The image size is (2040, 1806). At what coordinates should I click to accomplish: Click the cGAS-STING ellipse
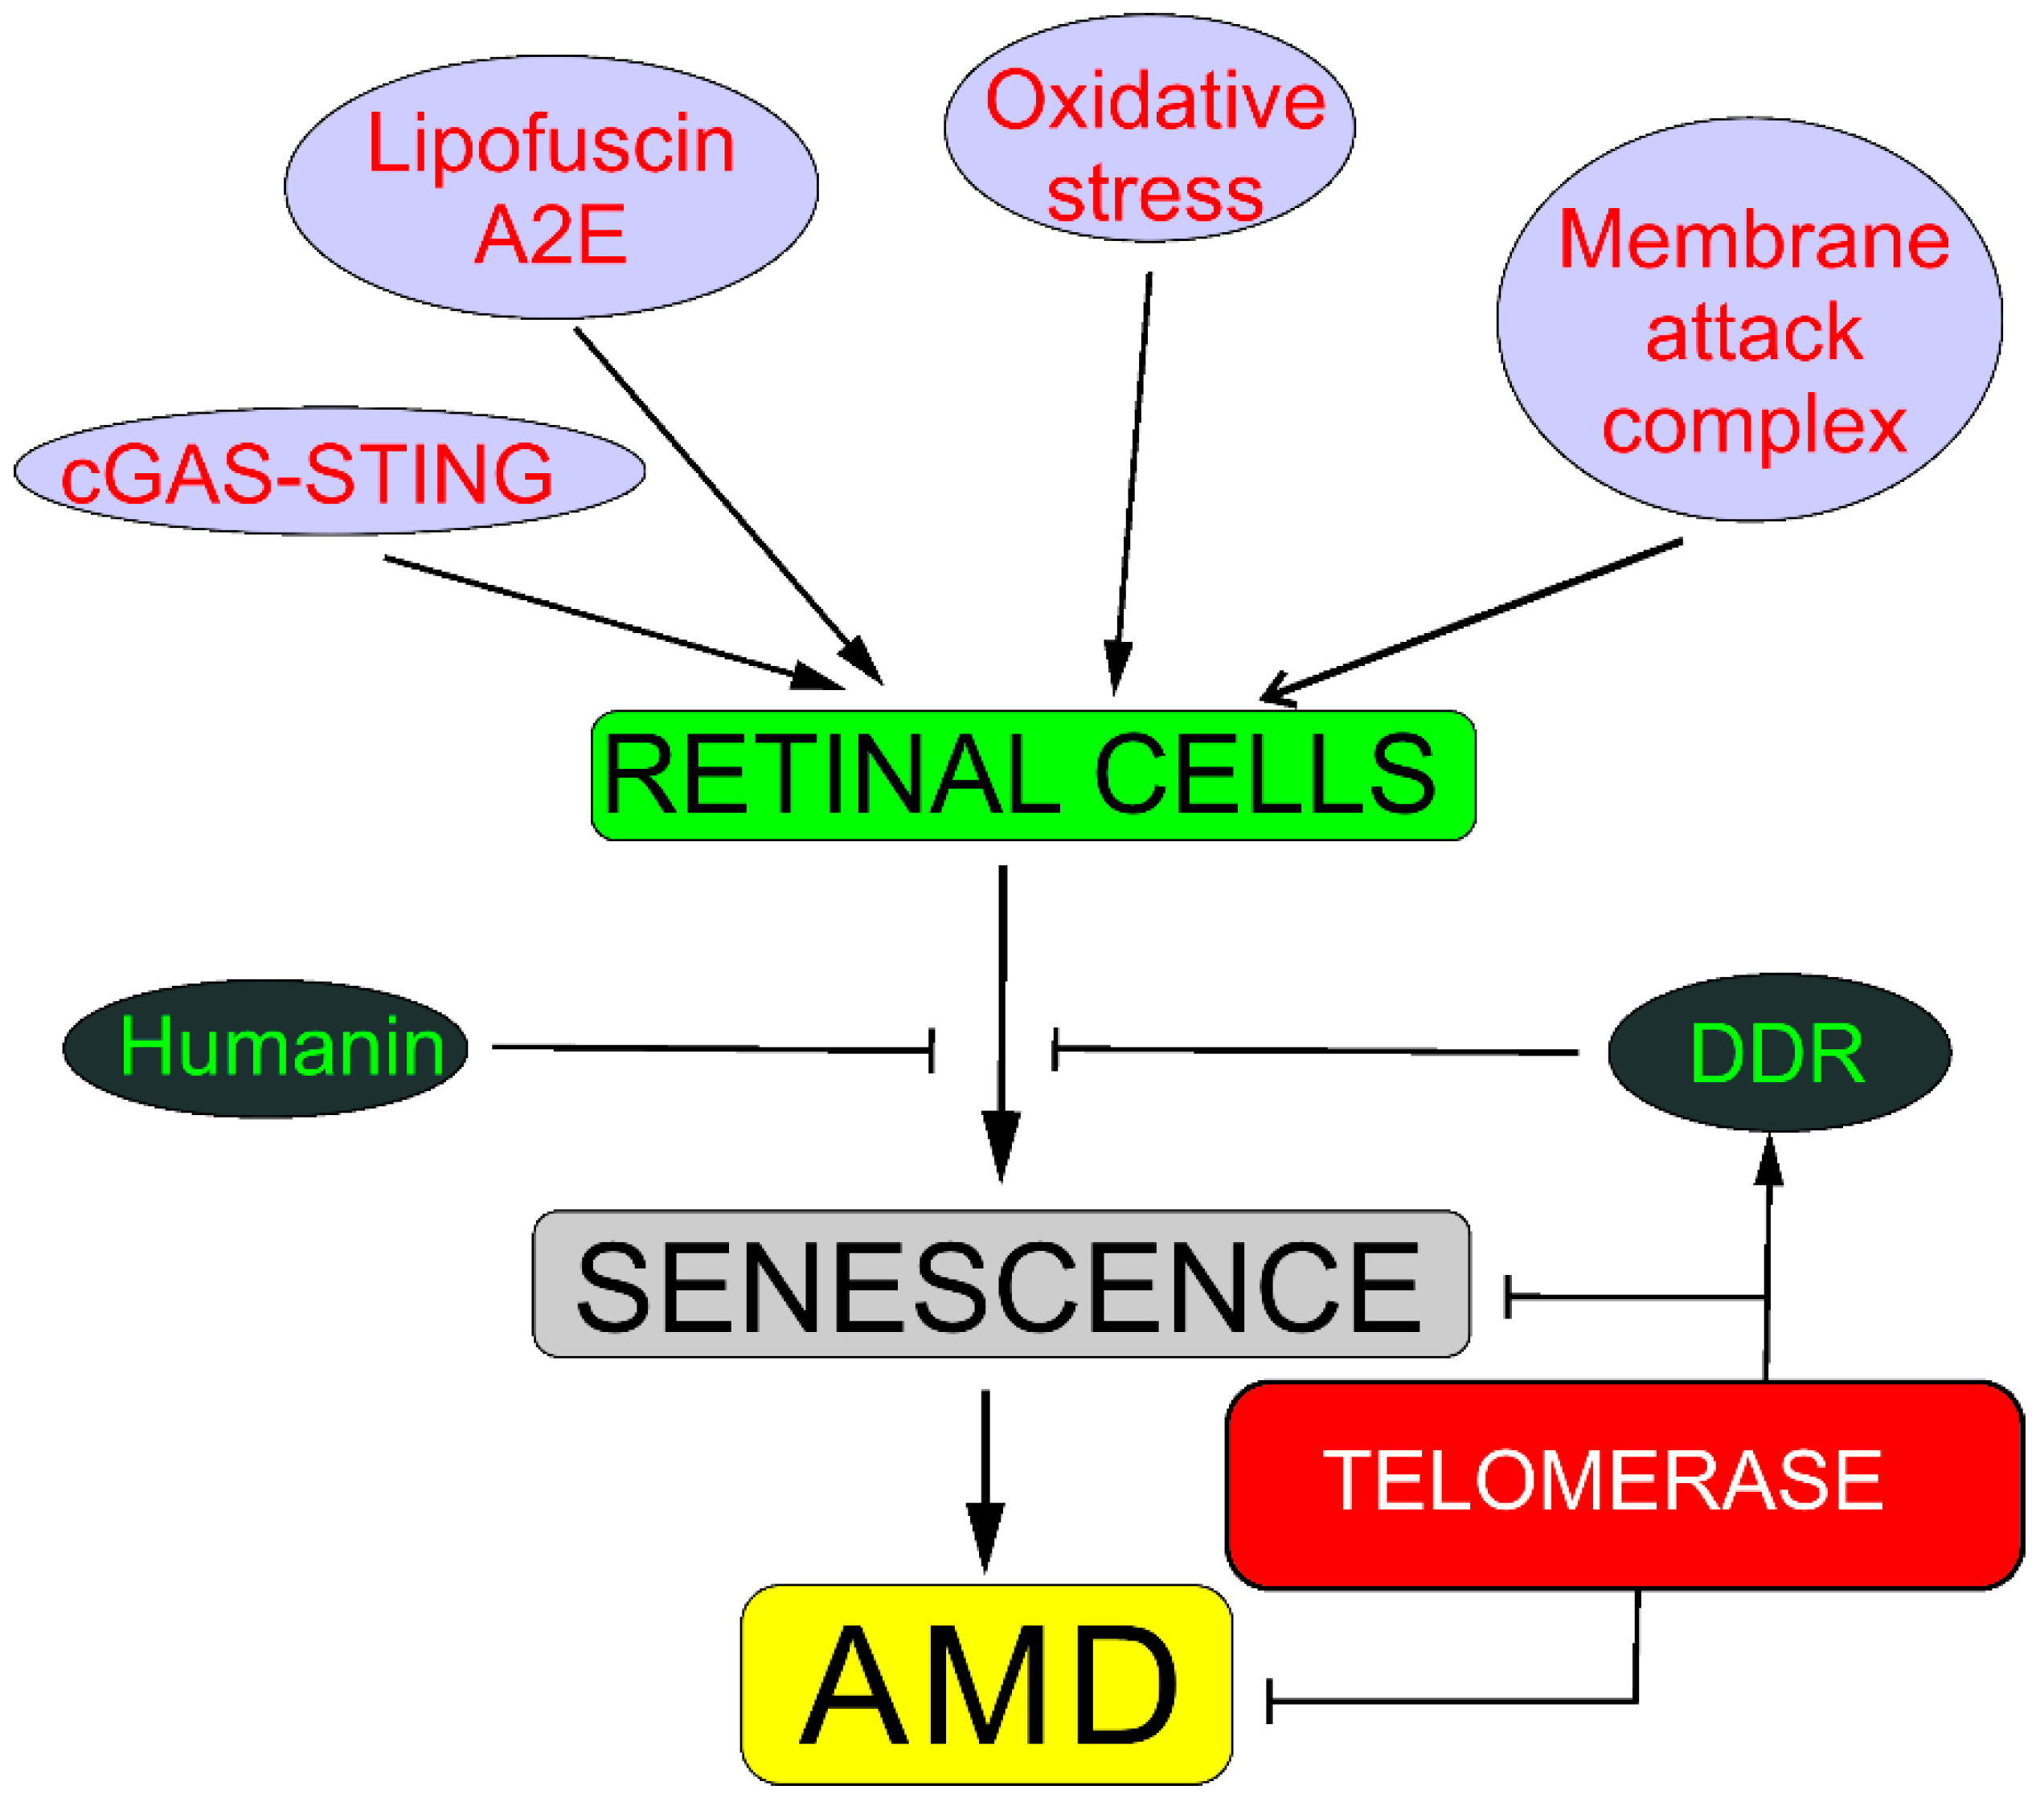pos(330,471)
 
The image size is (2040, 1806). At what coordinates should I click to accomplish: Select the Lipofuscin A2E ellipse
pos(551,186)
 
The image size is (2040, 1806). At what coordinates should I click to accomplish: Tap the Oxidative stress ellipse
pos(1149,128)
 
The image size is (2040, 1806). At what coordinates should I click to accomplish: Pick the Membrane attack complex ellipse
pos(1750,319)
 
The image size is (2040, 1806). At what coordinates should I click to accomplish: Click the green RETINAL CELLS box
pos(1033,775)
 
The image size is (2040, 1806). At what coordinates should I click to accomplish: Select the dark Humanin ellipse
pos(265,1048)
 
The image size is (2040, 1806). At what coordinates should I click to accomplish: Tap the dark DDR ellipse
pos(1780,1052)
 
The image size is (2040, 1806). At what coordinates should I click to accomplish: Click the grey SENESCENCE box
pos(1001,1284)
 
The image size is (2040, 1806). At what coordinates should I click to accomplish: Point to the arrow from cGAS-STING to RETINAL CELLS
pos(614,623)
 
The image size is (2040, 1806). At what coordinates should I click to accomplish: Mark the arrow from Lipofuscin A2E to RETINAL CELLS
pos(728,506)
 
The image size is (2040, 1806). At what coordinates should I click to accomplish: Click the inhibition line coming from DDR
pos(1316,1050)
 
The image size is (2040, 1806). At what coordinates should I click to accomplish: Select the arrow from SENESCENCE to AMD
pos(986,1481)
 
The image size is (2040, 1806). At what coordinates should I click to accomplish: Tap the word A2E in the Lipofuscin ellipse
pos(551,235)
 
